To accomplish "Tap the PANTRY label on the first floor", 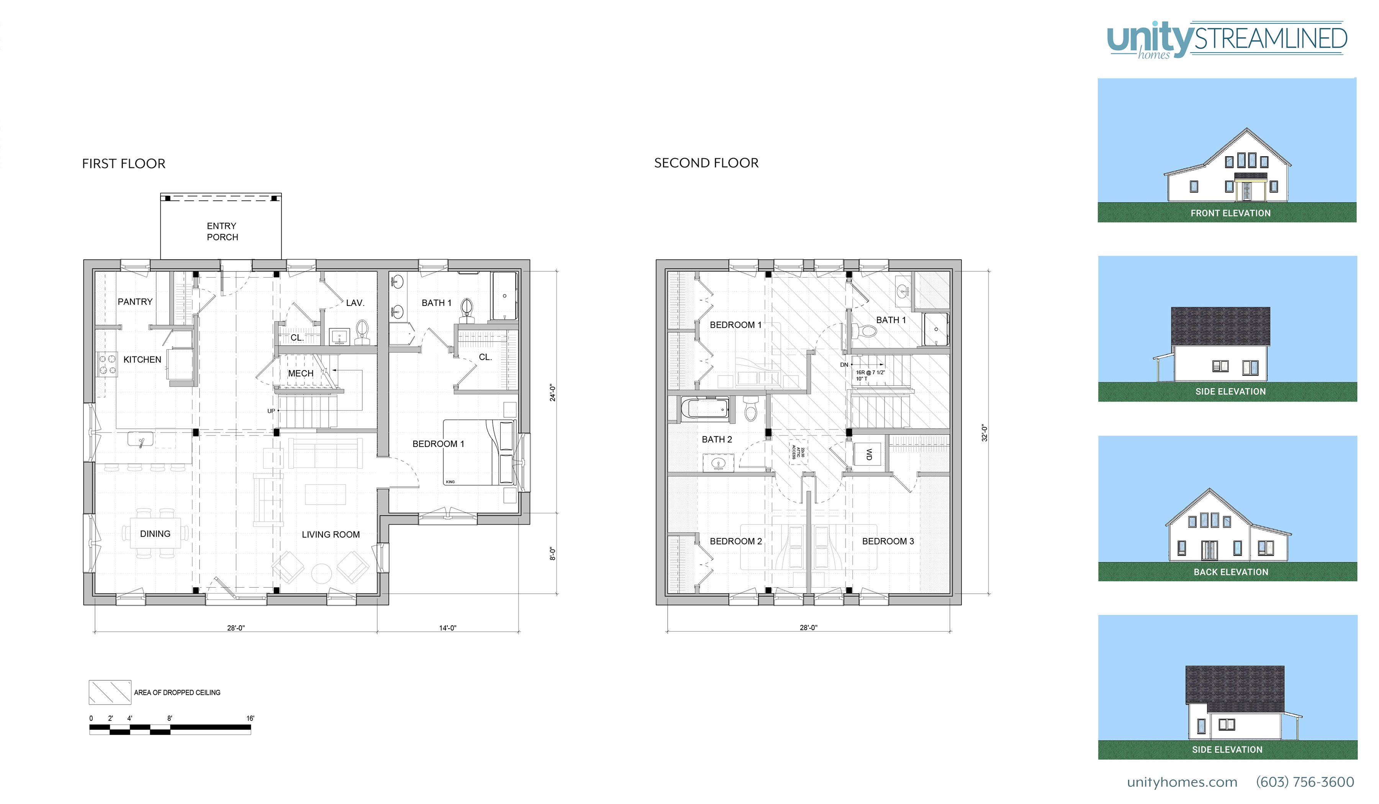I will click(135, 302).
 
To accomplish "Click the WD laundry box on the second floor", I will click(868, 454).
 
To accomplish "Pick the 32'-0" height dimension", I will click(984, 433).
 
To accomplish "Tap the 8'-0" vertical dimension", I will click(553, 554).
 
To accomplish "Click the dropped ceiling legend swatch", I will click(110, 693).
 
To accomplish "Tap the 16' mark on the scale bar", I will click(250, 719).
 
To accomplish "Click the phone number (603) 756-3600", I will click(1305, 782).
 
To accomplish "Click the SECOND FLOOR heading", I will click(706, 163).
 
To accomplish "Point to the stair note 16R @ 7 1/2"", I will click(870, 373).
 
